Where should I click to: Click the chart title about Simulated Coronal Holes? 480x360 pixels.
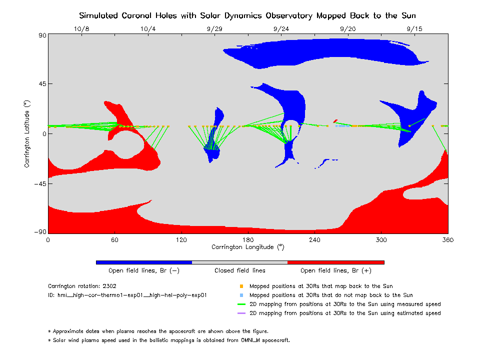tap(247, 15)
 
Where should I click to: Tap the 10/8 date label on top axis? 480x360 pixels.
tap(81, 29)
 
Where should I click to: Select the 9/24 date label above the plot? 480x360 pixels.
tap(281, 29)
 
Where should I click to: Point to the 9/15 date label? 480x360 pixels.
tap(414, 29)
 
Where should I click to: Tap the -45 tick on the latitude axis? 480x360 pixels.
tap(39, 183)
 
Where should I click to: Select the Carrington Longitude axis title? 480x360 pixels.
tap(247, 247)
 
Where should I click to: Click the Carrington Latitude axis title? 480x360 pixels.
tap(27, 133)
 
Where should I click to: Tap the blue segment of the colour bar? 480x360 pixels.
tap(143, 262)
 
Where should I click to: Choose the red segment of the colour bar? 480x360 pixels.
tap(335, 262)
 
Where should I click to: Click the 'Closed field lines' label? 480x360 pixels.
tap(239, 270)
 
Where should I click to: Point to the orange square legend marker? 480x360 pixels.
tap(241, 286)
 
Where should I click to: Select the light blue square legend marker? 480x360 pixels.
tap(241, 295)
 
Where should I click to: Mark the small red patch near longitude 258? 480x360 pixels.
tap(335, 120)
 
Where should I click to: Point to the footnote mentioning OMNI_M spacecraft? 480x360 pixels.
tap(168, 340)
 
